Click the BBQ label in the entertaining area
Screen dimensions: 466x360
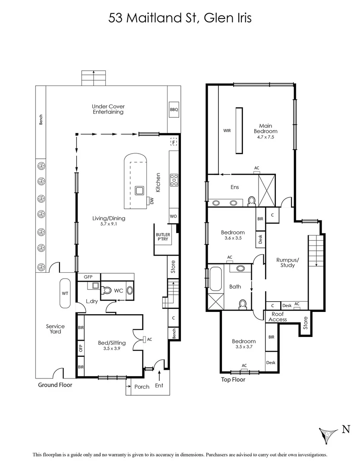[x=174, y=110]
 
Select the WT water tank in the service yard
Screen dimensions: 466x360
[x=65, y=293]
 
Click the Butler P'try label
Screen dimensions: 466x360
[x=163, y=237]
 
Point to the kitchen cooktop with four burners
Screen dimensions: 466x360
[x=174, y=179]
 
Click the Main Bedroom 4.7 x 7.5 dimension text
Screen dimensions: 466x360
[x=265, y=137]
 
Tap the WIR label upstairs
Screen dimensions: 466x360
[x=227, y=130]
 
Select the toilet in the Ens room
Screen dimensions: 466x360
[x=252, y=202]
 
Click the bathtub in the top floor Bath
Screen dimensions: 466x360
[x=215, y=280]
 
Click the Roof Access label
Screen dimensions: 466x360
[x=278, y=317]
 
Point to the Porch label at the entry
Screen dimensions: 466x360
[x=142, y=387]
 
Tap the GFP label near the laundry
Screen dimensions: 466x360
[x=88, y=277]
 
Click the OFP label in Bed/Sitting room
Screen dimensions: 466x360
[x=81, y=349]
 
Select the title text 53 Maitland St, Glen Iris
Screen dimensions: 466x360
[x=180, y=18]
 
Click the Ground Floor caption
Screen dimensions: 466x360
[x=55, y=385]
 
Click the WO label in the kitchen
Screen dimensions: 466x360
[x=173, y=216]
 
